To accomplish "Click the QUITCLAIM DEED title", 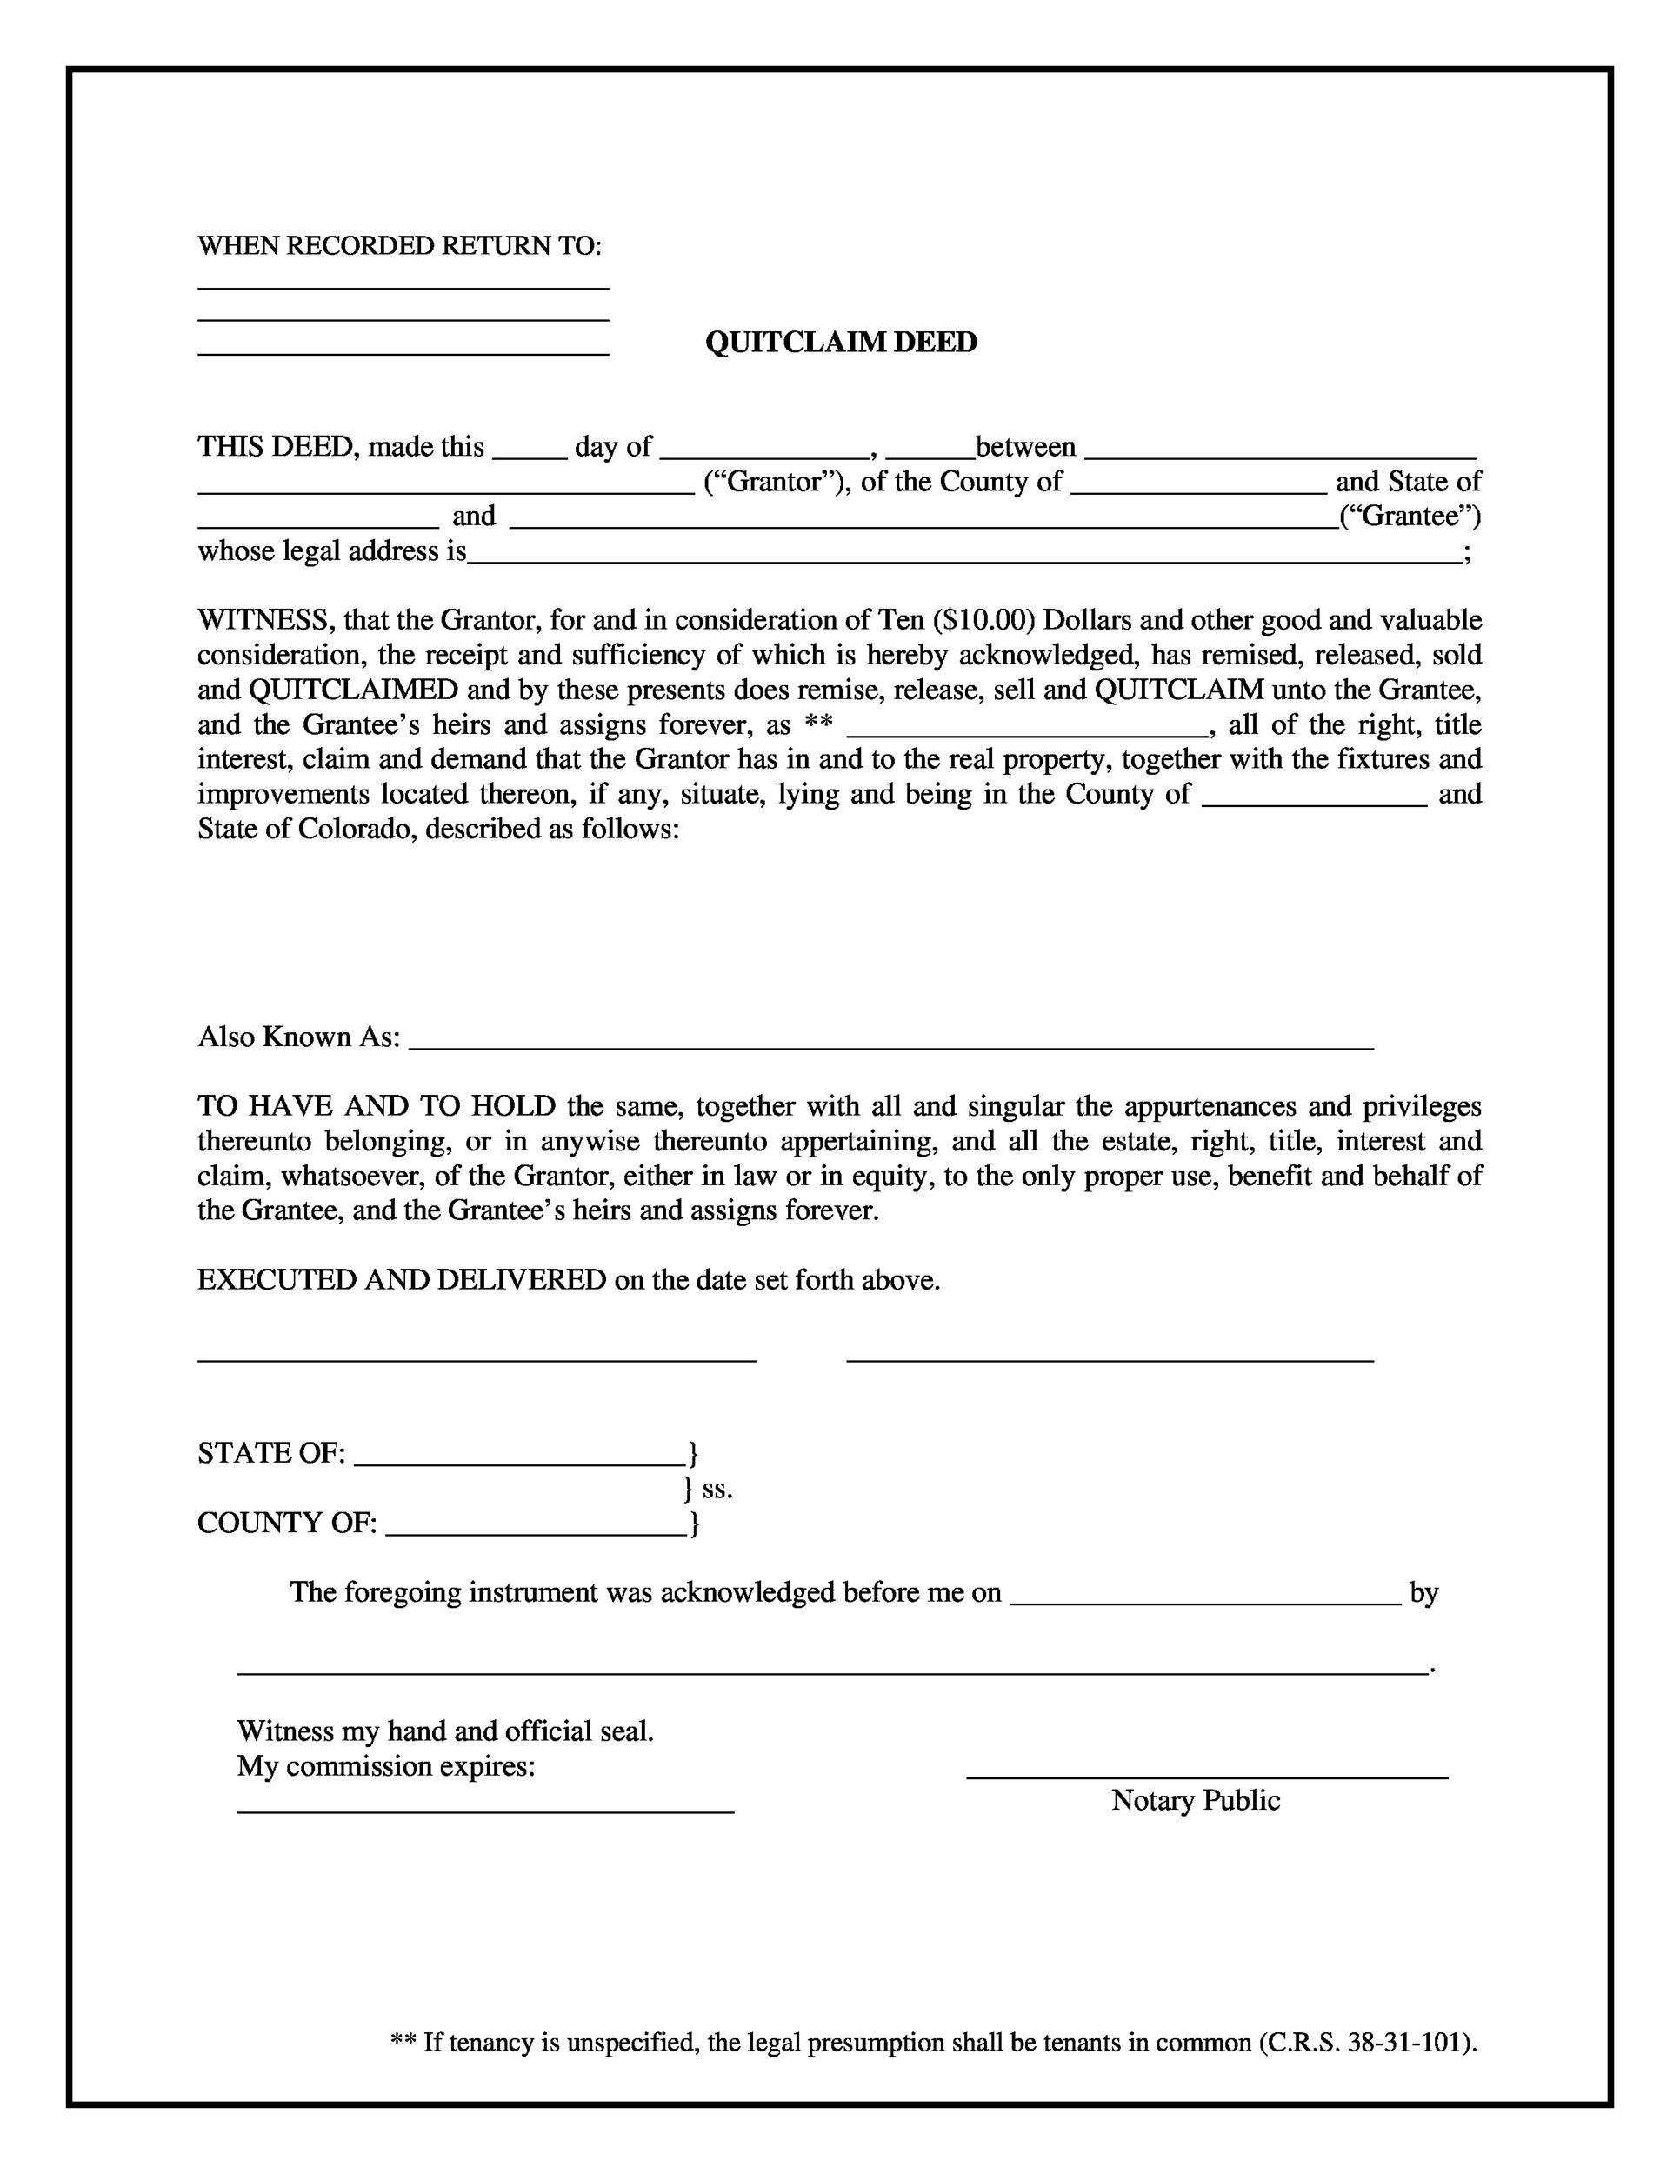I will point(840,343).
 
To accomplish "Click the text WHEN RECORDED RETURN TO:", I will point(399,246).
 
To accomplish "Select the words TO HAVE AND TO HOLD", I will point(377,1106).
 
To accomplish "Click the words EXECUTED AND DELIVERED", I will point(401,1280).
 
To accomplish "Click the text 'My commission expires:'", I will point(385,1767).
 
